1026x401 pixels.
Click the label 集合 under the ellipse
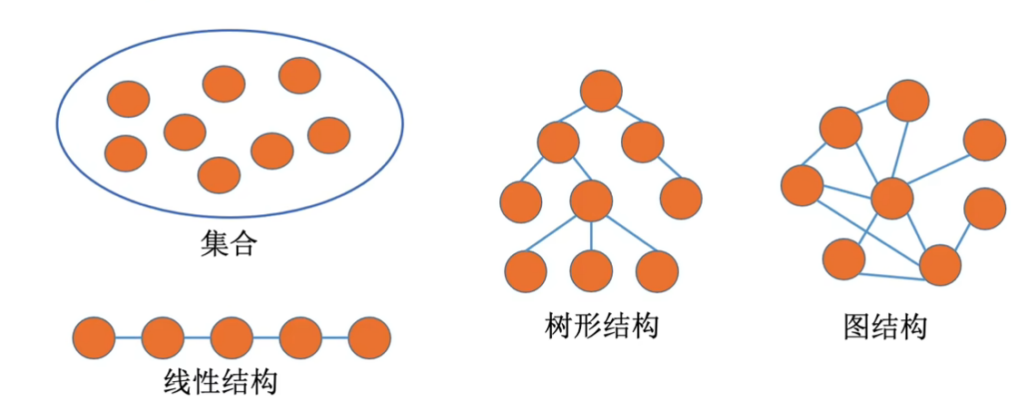[230, 244]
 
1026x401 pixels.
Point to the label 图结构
[884, 326]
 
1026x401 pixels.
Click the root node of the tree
[601, 92]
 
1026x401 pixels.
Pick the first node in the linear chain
[94, 337]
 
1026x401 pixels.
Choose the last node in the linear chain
[369, 337]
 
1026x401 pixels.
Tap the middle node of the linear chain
[232, 337]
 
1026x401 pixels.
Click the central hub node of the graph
[891, 198]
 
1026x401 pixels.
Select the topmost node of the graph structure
[908, 100]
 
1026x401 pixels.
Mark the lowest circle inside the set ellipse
[219, 175]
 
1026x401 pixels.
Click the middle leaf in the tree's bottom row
[591, 269]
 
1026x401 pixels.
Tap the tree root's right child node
[643, 142]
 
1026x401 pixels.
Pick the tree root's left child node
[557, 142]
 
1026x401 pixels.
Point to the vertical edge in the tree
[591, 234]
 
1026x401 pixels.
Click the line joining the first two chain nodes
[128, 337]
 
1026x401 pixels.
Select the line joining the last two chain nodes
[334, 337]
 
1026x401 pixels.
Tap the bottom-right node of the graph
[940, 266]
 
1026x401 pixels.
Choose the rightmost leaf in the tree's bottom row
[657, 269]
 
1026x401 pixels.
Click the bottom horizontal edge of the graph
[892, 275]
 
